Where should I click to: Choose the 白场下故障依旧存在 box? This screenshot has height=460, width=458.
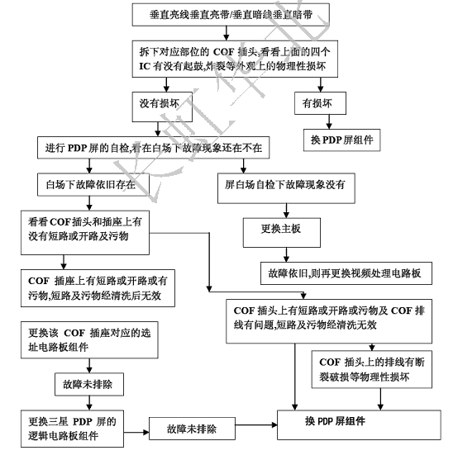(x=92, y=183)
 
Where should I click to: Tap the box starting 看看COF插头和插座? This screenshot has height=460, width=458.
(x=90, y=229)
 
